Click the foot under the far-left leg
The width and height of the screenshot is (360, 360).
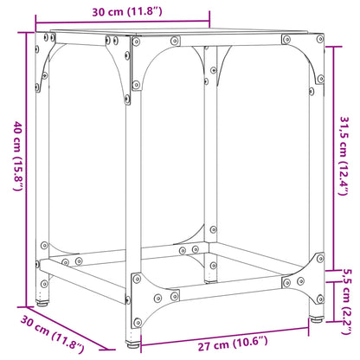tap(43, 304)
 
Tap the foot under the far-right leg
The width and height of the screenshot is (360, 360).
tap(315, 320)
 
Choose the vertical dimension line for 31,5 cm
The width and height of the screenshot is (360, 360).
tap(334, 158)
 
